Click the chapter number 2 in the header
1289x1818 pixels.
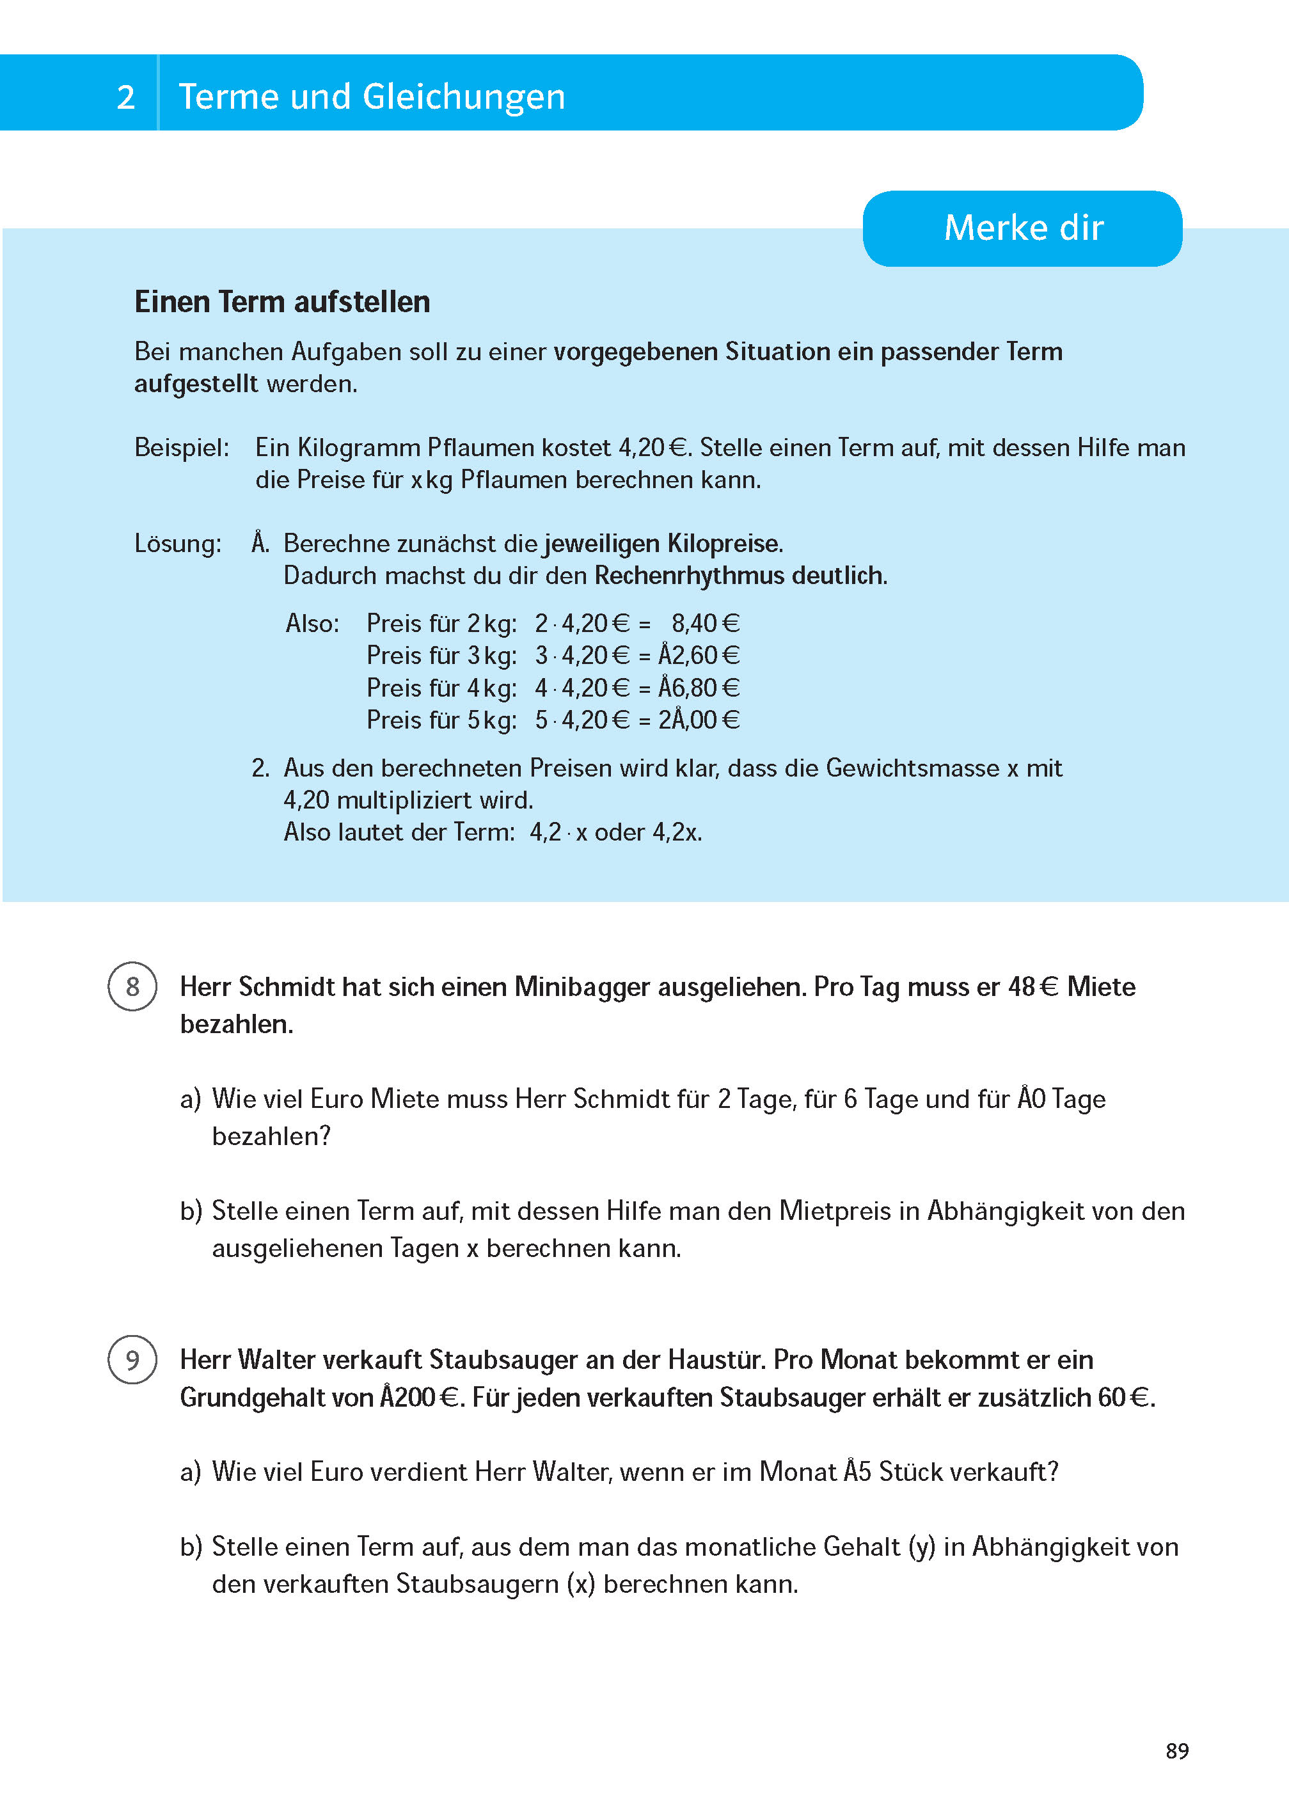125,97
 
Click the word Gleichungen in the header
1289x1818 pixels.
464,97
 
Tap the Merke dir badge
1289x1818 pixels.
1022,228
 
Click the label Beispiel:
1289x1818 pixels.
182,448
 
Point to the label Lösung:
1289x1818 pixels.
178,544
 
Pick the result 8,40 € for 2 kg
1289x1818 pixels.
705,624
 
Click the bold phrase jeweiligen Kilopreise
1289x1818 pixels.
663,544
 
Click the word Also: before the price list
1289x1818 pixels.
312,624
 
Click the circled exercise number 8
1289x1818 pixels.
132,986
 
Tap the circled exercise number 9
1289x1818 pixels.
132,1359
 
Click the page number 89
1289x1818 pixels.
1176,1751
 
